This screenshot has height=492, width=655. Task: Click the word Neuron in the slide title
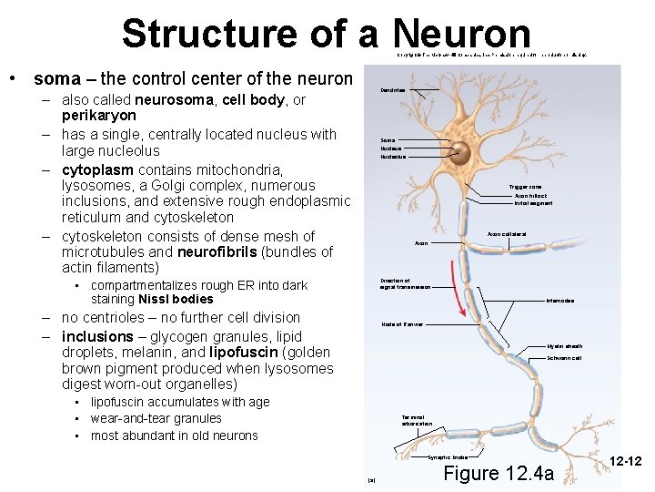(x=462, y=34)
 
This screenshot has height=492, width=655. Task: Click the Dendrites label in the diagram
(x=393, y=90)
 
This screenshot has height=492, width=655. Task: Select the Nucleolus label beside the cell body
(x=393, y=157)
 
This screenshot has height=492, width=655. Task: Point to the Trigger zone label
(x=525, y=187)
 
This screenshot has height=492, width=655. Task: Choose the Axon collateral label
(x=506, y=234)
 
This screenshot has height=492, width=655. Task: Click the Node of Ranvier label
(x=401, y=323)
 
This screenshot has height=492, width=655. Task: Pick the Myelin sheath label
(x=565, y=346)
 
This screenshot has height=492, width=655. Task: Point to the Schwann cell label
(x=565, y=358)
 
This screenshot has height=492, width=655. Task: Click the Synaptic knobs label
(x=448, y=457)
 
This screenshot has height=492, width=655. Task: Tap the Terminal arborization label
(x=417, y=420)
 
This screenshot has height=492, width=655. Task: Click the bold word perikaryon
(x=98, y=117)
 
